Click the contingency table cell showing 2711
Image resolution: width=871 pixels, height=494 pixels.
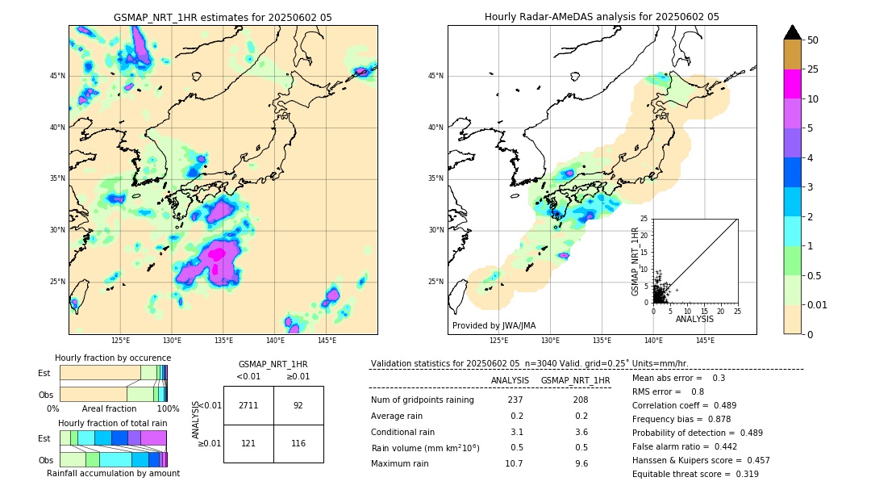coord(248,405)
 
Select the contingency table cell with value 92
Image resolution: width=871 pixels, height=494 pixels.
coord(298,405)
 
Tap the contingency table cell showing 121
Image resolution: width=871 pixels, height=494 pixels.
coord(248,443)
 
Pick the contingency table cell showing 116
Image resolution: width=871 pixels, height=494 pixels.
coord(298,443)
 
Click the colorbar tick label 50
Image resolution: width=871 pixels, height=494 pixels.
coord(813,40)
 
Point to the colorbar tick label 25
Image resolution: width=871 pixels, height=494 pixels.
coord(813,69)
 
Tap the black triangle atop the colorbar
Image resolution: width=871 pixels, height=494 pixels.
coord(793,32)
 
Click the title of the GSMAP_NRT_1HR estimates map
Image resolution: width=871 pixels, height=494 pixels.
coord(223,17)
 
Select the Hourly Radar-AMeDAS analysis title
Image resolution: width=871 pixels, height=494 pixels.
coord(602,17)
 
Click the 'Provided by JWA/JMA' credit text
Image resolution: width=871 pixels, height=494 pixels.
coord(494,325)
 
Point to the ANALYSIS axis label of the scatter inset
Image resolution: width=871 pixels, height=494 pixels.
coord(694,319)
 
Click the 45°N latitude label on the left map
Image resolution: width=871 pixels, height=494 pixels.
coord(57,76)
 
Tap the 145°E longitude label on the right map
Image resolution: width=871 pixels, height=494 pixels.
coord(705,341)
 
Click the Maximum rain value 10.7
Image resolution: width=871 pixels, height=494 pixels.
coord(514,463)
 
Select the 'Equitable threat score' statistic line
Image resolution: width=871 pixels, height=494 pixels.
coord(695,474)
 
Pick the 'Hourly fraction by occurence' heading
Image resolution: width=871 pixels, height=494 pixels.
coord(113,358)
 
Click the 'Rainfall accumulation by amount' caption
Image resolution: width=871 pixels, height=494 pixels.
coord(113,473)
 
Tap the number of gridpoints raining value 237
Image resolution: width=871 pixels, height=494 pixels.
coord(515,400)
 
